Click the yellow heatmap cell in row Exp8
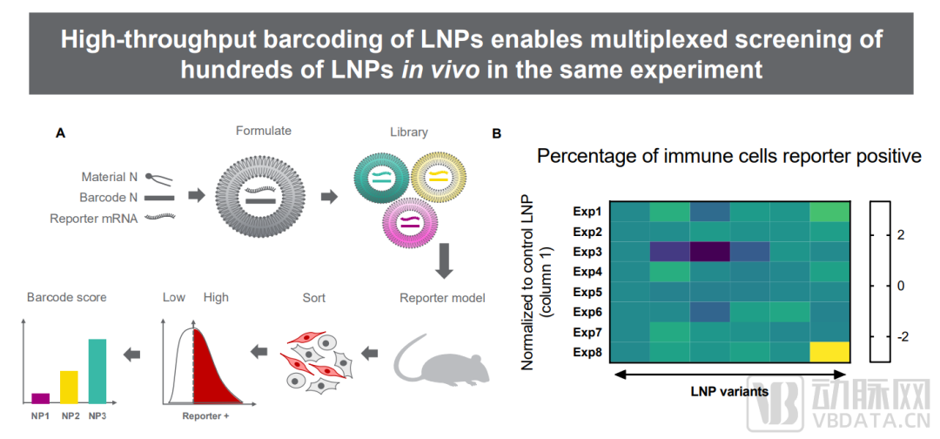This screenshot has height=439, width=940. pos(829,352)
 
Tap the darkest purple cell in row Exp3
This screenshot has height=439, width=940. pos(709,252)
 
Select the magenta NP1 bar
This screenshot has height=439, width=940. pos(41,398)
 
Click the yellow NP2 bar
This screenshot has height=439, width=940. pos(69,387)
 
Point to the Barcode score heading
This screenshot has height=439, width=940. pos(68,298)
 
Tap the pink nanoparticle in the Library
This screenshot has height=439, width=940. pos(413,221)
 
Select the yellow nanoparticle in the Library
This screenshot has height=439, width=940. pos(440,179)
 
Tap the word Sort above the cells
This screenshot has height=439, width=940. pos(313,298)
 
